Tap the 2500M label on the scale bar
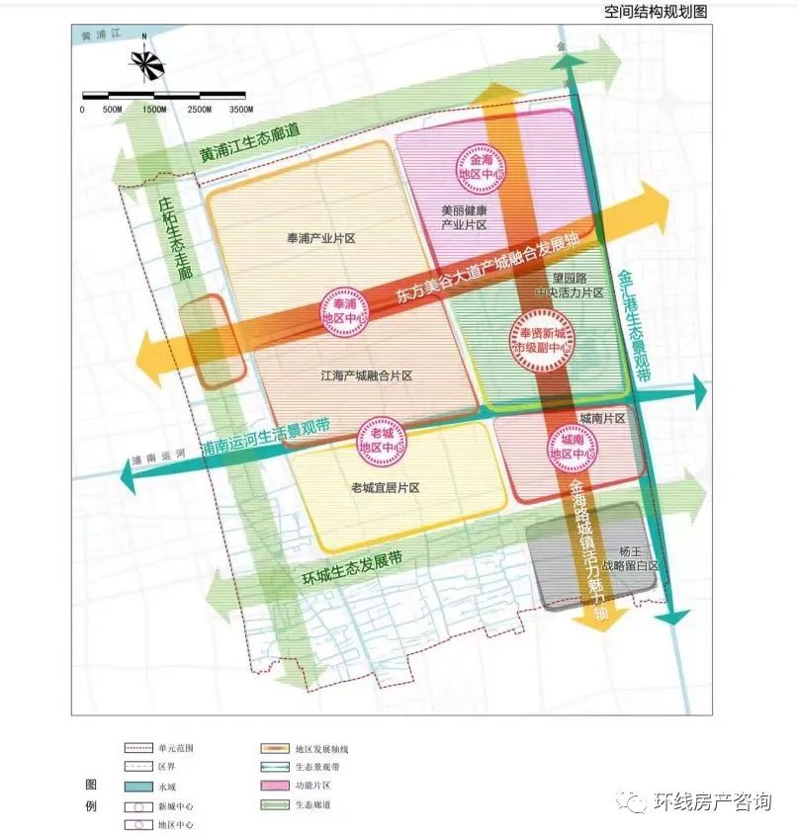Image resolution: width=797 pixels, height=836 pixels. point(200,109)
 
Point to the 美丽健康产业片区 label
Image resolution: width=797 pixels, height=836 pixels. point(464,218)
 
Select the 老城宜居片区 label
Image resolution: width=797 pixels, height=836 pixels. point(386,488)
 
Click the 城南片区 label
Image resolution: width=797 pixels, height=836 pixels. point(603,419)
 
